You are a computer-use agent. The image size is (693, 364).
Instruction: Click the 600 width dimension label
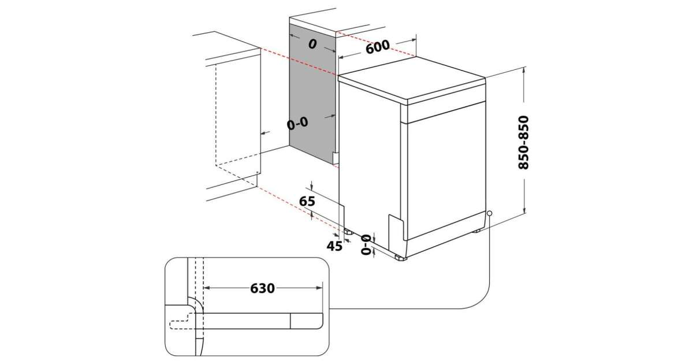pos(378,47)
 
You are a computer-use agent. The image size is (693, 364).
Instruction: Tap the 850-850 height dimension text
pos(523,142)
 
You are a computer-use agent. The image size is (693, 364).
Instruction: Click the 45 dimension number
pos(334,246)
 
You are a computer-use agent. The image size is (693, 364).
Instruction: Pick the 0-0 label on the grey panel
pos(298,122)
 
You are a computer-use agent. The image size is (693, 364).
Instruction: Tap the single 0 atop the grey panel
pos(312,44)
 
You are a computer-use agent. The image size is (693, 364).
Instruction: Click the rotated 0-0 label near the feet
pos(366,244)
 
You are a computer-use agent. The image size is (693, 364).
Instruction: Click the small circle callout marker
pos(490,213)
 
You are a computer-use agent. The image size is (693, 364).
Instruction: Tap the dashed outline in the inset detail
pos(184,321)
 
